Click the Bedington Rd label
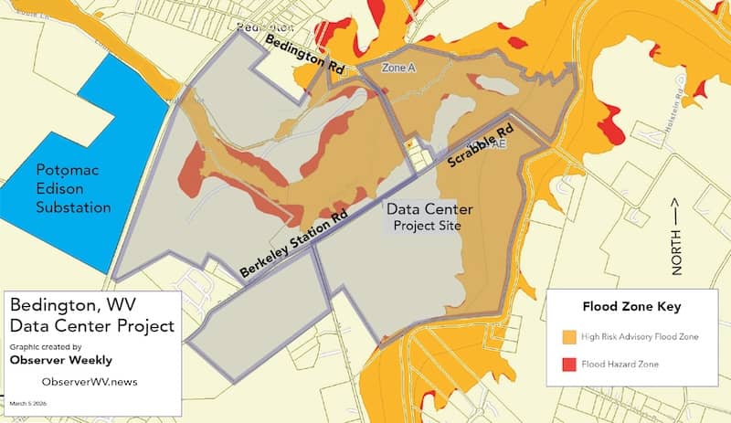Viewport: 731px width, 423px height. (305, 55)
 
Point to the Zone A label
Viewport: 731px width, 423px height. (398, 69)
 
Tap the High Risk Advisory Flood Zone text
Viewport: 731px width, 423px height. (640, 337)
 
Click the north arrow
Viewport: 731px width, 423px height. (677, 212)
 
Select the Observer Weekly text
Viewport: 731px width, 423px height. (60, 360)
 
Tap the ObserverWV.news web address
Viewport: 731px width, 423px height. (90, 381)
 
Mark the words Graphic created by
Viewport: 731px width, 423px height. (45, 346)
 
